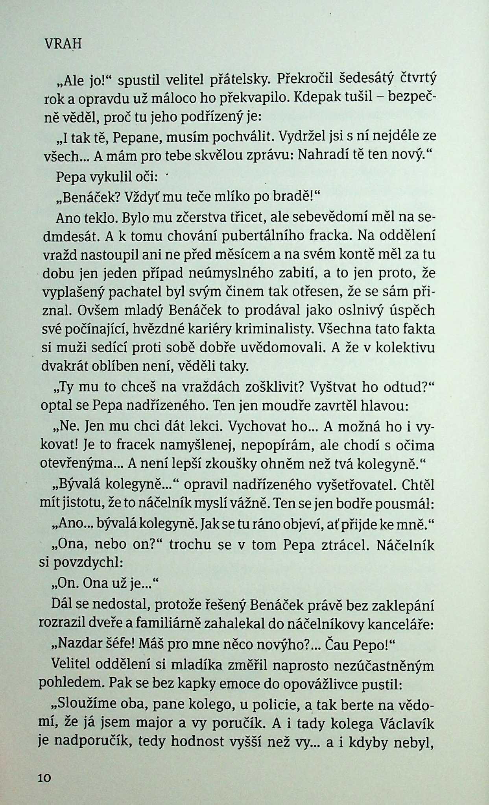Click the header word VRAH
pos(61,44)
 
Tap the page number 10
pos(45,779)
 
